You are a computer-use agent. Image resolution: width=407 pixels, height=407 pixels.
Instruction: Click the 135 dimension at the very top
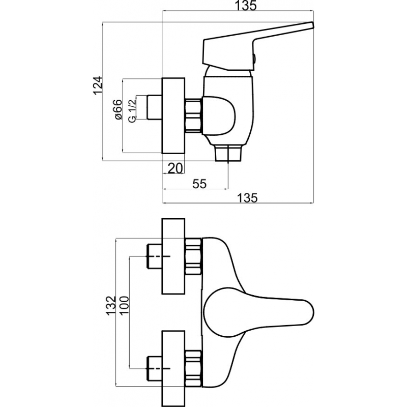(246, 6)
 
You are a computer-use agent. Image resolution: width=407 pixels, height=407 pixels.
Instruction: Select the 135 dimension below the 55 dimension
(247, 198)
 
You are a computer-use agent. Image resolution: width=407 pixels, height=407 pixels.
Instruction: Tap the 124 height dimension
(98, 85)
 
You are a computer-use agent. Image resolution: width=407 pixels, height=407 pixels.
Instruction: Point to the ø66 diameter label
(118, 109)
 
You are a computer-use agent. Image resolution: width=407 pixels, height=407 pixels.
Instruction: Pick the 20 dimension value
(176, 168)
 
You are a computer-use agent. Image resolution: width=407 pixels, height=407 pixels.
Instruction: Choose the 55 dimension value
(199, 184)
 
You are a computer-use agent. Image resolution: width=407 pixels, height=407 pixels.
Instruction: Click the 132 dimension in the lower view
(110, 305)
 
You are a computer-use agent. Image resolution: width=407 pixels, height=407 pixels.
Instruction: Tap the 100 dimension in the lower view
(124, 305)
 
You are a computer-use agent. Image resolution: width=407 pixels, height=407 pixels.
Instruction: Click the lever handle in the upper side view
(256, 46)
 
